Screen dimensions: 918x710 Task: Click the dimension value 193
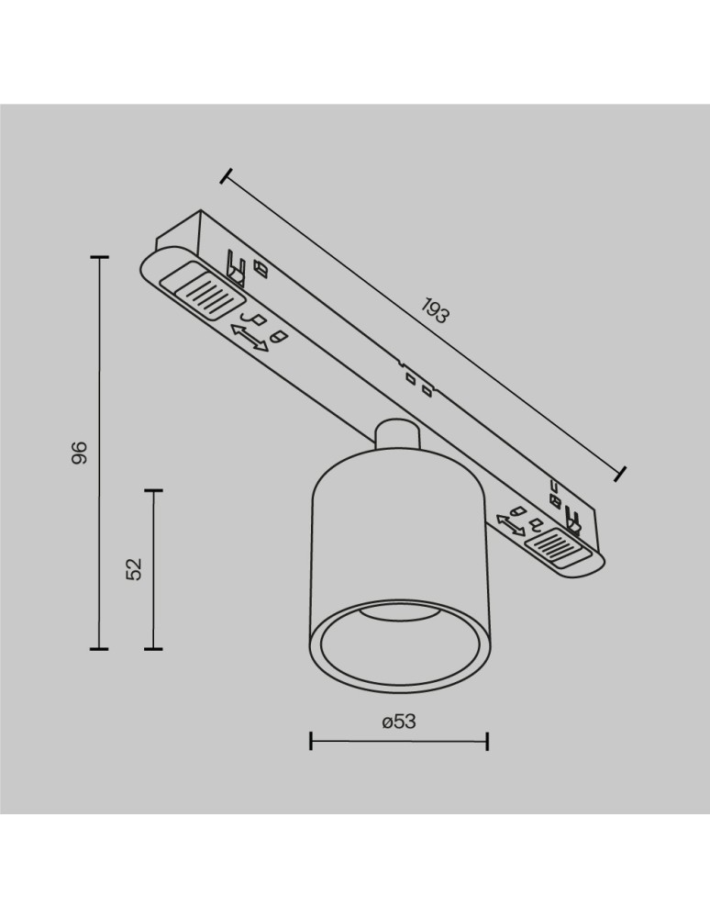436,312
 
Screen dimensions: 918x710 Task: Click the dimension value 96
80,453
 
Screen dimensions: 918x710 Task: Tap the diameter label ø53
399,722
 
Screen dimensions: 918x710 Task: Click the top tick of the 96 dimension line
98,258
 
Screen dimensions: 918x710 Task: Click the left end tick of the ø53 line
311,741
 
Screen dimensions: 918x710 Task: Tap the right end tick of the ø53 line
487,741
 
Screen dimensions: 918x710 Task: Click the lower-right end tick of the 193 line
622,474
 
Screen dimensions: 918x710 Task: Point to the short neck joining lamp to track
395,433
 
